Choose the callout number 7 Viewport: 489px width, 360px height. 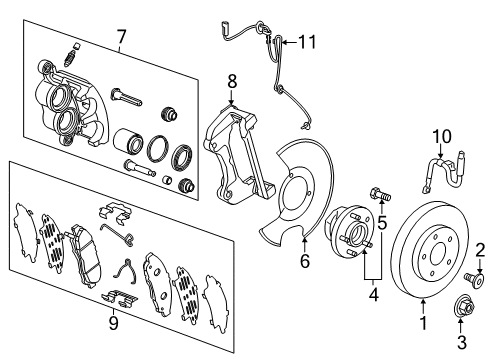click(x=121, y=37)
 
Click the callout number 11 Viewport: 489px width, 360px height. click(x=308, y=41)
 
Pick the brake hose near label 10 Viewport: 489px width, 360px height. click(x=440, y=174)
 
